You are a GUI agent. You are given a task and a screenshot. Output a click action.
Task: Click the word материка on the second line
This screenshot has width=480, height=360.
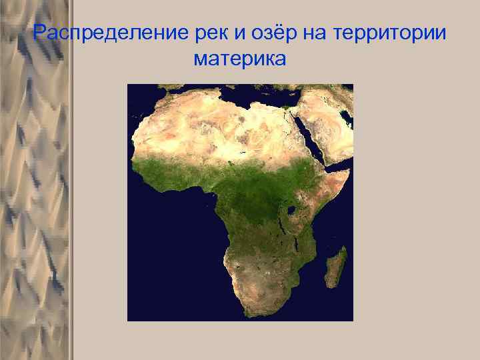point(239,59)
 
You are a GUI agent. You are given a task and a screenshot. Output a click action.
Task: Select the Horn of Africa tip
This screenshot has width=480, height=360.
point(348,171)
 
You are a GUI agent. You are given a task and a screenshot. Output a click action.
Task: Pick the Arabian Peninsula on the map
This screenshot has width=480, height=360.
point(327,127)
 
